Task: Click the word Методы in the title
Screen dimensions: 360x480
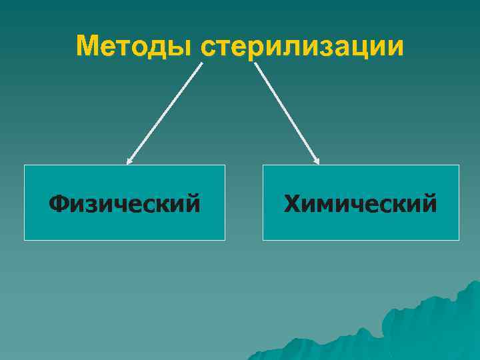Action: pos(135,47)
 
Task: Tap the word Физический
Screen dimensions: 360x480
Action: pos(125,203)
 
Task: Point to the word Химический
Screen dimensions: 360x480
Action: pos(361,203)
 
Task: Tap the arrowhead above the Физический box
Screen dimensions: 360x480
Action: pos(129,161)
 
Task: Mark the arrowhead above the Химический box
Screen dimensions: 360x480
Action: pos(317,161)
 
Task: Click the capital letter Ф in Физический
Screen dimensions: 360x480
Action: pos(61,203)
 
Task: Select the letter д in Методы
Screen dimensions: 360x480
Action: pos(159,49)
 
